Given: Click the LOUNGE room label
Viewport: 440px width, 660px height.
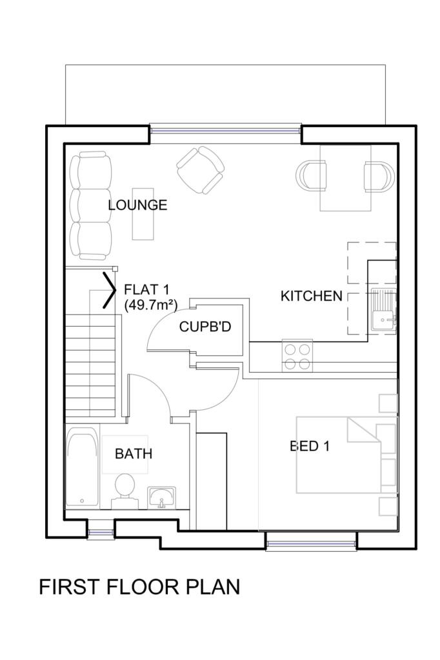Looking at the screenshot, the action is (x=137, y=205).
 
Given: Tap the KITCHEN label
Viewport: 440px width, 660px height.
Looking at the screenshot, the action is (x=312, y=296).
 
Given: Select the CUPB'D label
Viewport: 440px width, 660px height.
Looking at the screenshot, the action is (x=205, y=327).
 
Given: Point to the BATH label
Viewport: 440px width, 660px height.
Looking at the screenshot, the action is (x=134, y=454).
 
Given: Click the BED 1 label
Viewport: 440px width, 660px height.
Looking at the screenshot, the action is (x=310, y=446).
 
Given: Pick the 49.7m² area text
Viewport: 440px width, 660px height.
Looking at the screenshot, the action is (x=150, y=304).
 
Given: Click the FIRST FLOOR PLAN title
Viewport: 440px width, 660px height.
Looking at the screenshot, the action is (x=139, y=587).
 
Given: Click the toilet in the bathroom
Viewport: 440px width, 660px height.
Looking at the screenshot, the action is (x=125, y=491).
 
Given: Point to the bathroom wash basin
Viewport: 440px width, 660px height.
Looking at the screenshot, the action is (x=162, y=498).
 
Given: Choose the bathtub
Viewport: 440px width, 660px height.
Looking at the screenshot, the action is (x=82, y=468).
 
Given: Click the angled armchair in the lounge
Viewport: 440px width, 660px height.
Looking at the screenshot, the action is (x=200, y=170).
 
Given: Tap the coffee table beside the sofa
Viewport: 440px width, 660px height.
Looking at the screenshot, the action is (x=143, y=214).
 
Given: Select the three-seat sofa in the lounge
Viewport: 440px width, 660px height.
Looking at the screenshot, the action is (x=90, y=207).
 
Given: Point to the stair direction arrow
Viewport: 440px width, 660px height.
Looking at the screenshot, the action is (x=109, y=289).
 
